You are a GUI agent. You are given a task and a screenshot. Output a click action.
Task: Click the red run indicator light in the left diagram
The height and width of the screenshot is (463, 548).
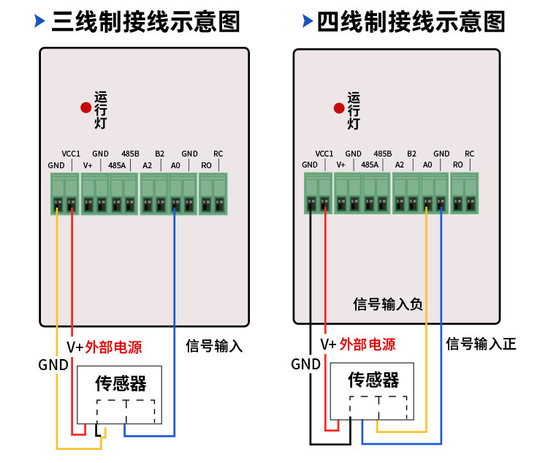(x=86, y=108)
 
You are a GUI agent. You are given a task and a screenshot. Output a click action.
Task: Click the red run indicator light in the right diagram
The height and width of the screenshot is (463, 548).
(x=339, y=108)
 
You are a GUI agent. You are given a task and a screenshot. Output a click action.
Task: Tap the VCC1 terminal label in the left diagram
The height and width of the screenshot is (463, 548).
(x=71, y=154)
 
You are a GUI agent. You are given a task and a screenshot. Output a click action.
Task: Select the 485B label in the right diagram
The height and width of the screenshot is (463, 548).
(x=383, y=154)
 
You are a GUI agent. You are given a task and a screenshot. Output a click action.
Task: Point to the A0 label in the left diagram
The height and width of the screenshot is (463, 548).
(x=175, y=165)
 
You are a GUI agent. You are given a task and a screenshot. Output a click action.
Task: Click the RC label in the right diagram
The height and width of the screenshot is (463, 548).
(x=469, y=154)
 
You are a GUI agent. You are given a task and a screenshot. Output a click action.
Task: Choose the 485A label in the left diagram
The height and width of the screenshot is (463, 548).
(x=117, y=165)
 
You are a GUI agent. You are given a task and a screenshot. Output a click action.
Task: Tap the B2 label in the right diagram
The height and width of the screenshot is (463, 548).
(x=411, y=154)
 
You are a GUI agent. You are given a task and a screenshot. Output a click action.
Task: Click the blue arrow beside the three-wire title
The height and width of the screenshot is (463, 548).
(x=40, y=20)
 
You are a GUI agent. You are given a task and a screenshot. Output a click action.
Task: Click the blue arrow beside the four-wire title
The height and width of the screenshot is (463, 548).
(x=308, y=20)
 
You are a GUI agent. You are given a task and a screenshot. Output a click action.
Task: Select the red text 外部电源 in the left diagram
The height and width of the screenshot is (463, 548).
(x=113, y=347)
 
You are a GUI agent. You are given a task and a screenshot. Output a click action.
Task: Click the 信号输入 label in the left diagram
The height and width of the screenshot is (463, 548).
(x=214, y=346)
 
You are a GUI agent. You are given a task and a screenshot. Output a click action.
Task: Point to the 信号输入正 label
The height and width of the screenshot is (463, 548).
(x=481, y=344)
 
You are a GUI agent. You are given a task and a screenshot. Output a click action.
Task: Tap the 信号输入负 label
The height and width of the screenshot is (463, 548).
(x=388, y=304)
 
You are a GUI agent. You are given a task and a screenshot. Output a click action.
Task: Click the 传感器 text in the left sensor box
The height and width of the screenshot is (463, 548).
(x=121, y=383)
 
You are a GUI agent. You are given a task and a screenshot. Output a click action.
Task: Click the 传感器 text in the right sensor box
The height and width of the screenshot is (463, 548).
(x=373, y=380)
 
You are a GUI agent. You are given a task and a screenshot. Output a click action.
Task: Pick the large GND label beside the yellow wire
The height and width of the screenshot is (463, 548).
(x=53, y=365)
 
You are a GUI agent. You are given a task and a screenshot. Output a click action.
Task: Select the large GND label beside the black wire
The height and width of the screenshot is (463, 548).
(x=306, y=364)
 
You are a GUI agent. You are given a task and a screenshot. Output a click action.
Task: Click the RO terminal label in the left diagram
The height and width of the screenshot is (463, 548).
(x=206, y=165)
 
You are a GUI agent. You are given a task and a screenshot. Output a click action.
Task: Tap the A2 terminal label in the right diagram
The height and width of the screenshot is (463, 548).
(x=400, y=165)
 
